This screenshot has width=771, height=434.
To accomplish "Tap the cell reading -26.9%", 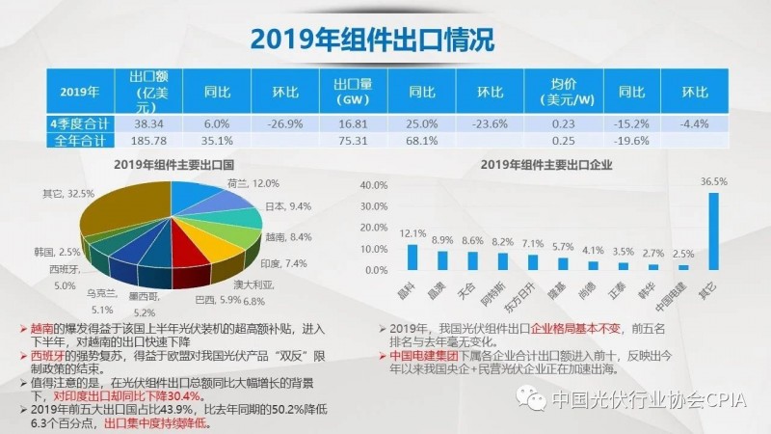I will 284,124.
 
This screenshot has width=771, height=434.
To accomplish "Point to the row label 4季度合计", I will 80,124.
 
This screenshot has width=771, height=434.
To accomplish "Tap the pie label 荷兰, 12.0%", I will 253,184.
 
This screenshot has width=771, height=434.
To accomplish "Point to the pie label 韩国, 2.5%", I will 56,252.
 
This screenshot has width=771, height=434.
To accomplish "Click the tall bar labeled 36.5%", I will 713,231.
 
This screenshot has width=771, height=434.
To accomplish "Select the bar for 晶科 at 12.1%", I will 413,256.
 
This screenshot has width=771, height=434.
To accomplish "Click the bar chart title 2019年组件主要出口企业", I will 546,164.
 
